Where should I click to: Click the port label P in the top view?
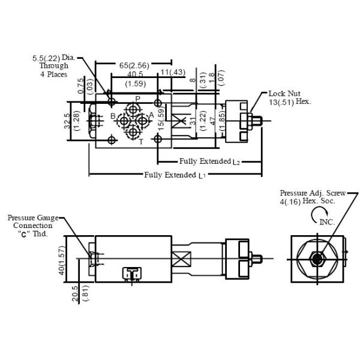point(137,98)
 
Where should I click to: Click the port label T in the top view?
point(141,142)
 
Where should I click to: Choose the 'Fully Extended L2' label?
point(209,161)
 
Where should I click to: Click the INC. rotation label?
point(327,222)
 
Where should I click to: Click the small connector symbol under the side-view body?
point(131,273)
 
